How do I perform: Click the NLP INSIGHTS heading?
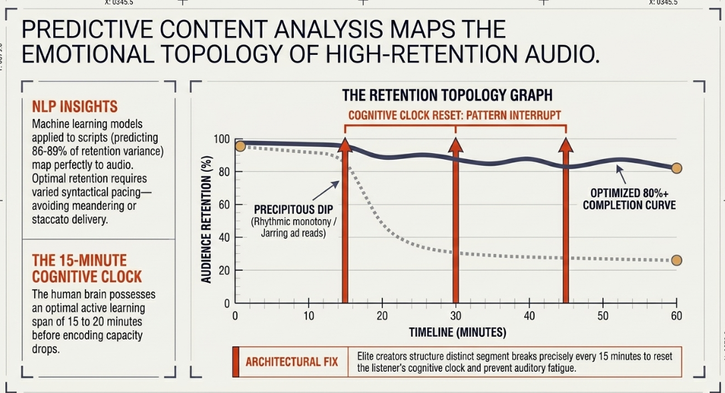click(x=75, y=106)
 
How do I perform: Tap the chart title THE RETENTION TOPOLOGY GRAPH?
click(x=447, y=95)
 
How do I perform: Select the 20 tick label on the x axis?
click(x=382, y=315)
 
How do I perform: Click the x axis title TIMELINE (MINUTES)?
click(x=457, y=332)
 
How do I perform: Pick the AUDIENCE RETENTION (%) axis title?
click(x=206, y=219)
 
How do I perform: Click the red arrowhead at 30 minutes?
click(x=455, y=144)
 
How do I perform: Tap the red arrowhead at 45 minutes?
click(x=566, y=144)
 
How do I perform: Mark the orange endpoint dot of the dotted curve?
click(x=676, y=261)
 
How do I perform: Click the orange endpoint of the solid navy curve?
click(x=676, y=168)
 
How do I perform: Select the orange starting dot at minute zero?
click(x=240, y=146)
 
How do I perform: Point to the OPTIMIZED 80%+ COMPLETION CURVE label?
click(x=629, y=199)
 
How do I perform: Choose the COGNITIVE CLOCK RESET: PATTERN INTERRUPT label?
click(x=455, y=115)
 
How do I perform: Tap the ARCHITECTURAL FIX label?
click(x=291, y=362)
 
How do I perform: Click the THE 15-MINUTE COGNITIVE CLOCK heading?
click(x=87, y=269)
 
